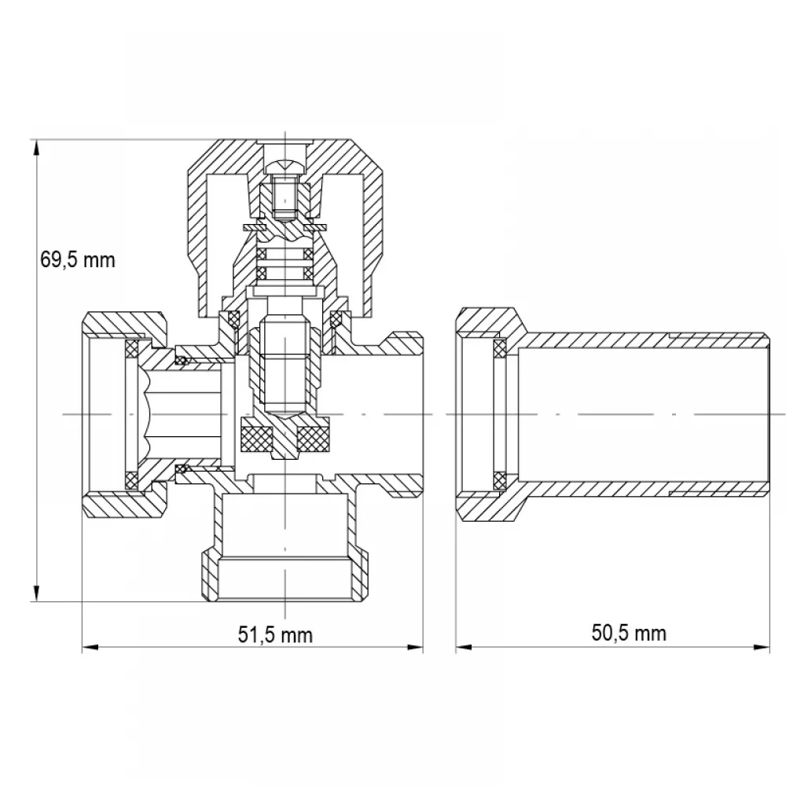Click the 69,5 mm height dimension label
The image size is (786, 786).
click(78, 259)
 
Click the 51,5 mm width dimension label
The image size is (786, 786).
click(275, 634)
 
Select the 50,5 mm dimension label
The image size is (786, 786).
click(629, 633)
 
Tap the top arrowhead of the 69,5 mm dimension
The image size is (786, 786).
click(36, 148)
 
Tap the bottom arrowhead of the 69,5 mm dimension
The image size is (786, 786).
click(36, 593)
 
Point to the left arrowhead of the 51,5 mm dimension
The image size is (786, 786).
click(90, 647)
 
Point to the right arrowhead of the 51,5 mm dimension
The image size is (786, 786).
click(415, 647)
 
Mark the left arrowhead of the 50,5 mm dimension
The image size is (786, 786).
click(464, 647)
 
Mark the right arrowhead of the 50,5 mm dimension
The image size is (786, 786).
click(762, 647)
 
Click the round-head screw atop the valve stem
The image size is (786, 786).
click(285, 166)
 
